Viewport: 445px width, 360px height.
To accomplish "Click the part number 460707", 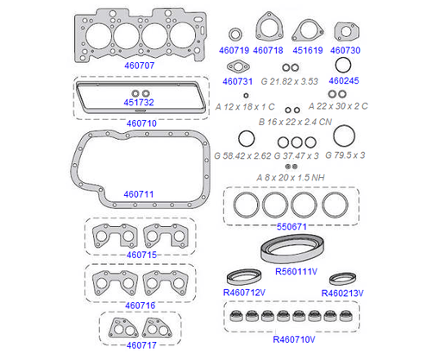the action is pos(140,66).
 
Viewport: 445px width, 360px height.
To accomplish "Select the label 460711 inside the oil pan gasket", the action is pos(139,194).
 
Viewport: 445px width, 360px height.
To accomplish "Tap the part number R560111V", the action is pos(296,271).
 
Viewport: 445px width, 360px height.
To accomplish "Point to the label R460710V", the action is pos(294,339).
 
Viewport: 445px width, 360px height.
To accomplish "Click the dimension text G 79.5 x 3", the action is pos(345,155).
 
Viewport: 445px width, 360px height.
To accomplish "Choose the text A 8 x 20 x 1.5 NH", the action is pos(291,178).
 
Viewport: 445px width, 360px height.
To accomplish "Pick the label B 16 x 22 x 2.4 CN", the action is pos(295,122).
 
